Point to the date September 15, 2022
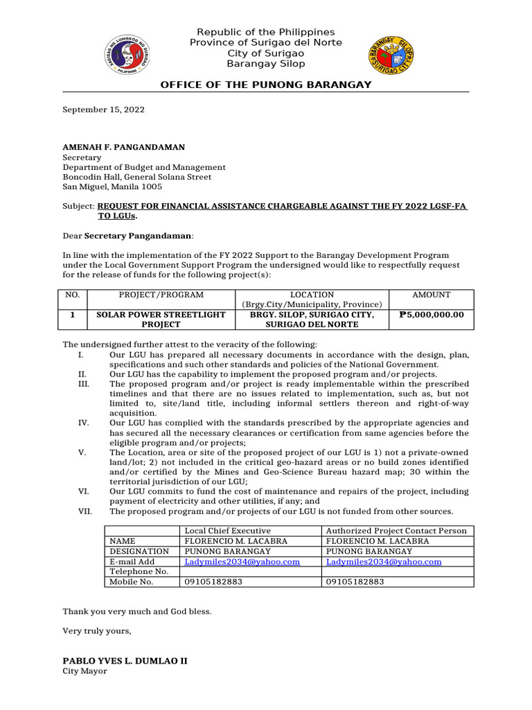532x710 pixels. pyautogui.click(x=104, y=110)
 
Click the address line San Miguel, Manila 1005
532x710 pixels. pyautogui.click(x=112, y=187)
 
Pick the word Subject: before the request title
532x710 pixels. pyautogui.click(x=78, y=207)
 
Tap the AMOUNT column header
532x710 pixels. pyautogui.click(x=432, y=295)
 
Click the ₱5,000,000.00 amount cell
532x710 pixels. pyautogui.click(x=432, y=315)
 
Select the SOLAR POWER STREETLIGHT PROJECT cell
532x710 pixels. pyautogui.click(x=161, y=320)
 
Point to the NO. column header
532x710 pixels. pyautogui.click(x=73, y=295)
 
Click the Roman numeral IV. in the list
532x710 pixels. pyautogui.click(x=82, y=422)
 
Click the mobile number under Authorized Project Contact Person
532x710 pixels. pyautogui.click(x=355, y=582)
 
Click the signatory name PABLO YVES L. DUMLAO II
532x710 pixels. pyautogui.click(x=125, y=661)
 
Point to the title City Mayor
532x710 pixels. pyautogui.click(x=85, y=671)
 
